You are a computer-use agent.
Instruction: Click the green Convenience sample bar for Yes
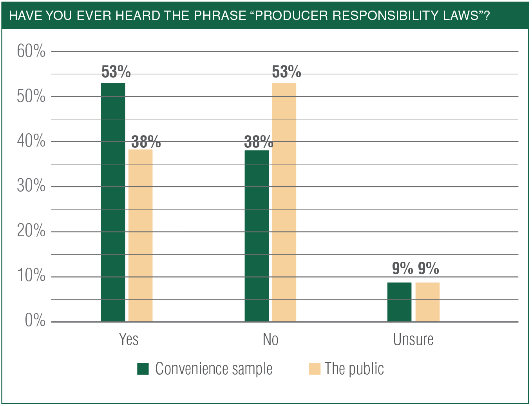point(113,202)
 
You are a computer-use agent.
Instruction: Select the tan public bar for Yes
point(141,236)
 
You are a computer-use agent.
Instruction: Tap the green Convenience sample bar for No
point(257,236)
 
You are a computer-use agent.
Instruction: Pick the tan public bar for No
point(284,202)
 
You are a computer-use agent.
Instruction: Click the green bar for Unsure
point(399,302)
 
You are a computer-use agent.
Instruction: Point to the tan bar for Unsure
point(427,302)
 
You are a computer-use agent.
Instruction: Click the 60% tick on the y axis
point(31,51)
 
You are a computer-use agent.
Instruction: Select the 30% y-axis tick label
point(31,186)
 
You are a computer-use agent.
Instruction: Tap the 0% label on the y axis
point(35,321)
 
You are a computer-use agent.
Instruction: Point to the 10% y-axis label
point(31,275)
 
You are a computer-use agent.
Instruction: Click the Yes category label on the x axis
point(128,339)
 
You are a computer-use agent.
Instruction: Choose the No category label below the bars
point(270,339)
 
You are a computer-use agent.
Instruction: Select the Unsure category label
point(413,339)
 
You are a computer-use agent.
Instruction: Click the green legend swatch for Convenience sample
point(143,369)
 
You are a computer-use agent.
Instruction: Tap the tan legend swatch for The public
point(315,369)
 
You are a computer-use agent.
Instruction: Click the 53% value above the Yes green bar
point(116,72)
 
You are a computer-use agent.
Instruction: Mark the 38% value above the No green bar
point(259,142)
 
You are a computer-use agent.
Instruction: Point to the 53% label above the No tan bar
point(286,72)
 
